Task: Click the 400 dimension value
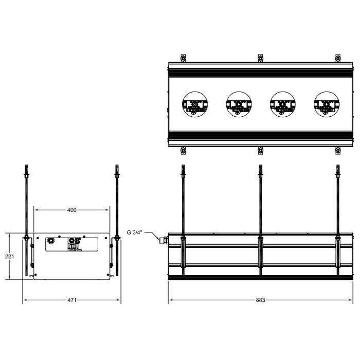(72, 210)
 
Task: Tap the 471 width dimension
(72, 300)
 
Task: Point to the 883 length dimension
(261, 300)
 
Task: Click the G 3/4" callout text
(135, 232)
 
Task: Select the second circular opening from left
(238, 104)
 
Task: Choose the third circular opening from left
(282, 104)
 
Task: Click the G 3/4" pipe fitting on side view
(165, 239)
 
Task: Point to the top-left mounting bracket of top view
(183, 58)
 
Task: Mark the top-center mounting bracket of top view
(260, 58)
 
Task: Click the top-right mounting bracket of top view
(338, 58)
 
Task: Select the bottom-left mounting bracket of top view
(183, 150)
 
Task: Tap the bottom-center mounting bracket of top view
(260, 150)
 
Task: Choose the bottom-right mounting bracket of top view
(338, 150)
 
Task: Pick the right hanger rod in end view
(117, 206)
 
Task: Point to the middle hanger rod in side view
(260, 206)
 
